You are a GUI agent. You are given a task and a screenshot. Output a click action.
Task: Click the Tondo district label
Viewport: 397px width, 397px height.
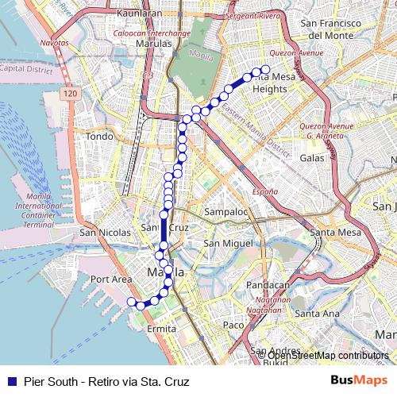point(100,136)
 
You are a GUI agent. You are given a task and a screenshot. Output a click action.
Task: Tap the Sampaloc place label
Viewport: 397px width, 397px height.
point(227,213)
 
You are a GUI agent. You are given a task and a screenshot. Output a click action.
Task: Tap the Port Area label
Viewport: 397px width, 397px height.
point(110,279)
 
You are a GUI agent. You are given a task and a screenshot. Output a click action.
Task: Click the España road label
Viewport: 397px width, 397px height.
point(265,191)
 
